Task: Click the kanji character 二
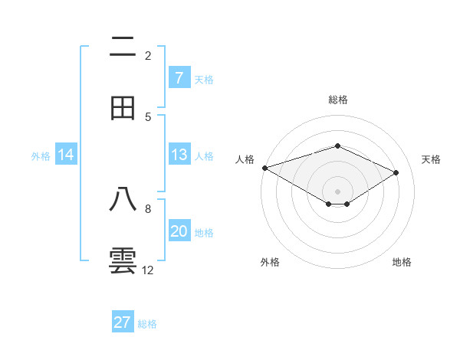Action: [x=123, y=47]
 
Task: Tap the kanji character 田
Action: [x=123, y=108]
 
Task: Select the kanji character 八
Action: [x=123, y=200]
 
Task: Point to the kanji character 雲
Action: [x=123, y=260]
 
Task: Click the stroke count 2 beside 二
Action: [x=148, y=55]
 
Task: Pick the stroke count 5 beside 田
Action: [x=148, y=116]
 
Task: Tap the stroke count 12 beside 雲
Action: [x=148, y=270]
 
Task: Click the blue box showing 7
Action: [x=179, y=78]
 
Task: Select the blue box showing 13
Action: [x=179, y=155]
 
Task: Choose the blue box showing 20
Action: [x=179, y=231]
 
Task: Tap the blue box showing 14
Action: [x=66, y=155]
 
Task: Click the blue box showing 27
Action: [x=123, y=322]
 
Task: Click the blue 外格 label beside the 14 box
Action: [x=41, y=155]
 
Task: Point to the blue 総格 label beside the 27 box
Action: [x=147, y=324]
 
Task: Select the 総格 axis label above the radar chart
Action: [x=337, y=100]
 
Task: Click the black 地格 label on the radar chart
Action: [x=402, y=262]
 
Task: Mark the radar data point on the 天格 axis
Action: [x=396, y=172]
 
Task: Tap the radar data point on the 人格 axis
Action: [x=264, y=168]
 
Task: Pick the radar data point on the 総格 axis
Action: [x=337, y=146]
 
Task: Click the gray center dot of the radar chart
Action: [x=337, y=191]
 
